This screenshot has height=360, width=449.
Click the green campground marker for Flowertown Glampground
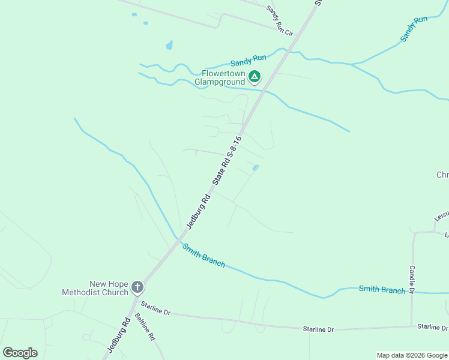click(255, 76)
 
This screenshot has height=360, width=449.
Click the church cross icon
click(137, 287)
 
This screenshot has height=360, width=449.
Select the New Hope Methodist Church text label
click(95, 288)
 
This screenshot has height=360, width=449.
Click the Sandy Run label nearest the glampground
click(248, 60)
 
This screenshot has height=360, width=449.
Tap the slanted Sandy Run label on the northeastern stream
click(414, 28)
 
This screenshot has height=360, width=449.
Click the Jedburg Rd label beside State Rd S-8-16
click(198, 211)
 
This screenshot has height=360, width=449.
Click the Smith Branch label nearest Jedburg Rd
click(204, 255)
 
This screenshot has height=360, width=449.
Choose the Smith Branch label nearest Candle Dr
click(382, 289)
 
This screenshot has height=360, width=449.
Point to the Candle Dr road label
click(412, 279)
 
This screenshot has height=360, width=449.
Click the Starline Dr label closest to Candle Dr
click(433, 327)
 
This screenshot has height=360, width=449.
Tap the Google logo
click(20, 352)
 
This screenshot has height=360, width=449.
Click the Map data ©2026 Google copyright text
click(412, 355)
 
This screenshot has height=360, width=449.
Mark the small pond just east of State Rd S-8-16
click(256, 167)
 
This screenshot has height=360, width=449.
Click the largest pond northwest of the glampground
click(170, 45)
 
